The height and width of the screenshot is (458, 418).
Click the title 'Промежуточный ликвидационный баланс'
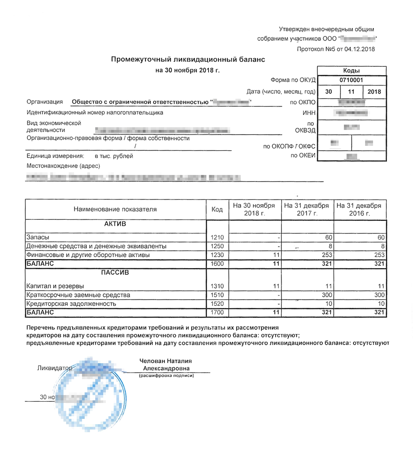pyautogui.click(x=188, y=60)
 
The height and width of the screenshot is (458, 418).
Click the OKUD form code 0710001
pyautogui.click(x=351, y=80)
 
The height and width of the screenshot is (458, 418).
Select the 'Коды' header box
pyautogui.click(x=351, y=71)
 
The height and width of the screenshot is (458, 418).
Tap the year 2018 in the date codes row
pyautogui.click(x=374, y=92)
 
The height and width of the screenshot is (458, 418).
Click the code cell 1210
pyautogui.click(x=217, y=237)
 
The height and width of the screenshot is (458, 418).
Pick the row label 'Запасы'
pyautogui.click(x=38, y=237)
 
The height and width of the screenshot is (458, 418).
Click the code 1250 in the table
pyautogui.click(x=217, y=246)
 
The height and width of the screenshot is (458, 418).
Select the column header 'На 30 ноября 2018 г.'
pyautogui.click(x=254, y=209)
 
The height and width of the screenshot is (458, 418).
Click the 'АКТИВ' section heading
pyautogui.click(x=115, y=224)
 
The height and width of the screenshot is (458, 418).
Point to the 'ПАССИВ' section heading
pyautogui.click(x=115, y=273)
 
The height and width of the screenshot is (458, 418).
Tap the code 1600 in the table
pyautogui.click(x=217, y=264)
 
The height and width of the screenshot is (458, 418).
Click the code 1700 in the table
pyautogui.click(x=217, y=312)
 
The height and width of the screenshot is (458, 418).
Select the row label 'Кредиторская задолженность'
pyautogui.click(x=71, y=304)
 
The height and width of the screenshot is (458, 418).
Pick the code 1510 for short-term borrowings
pyautogui.click(x=217, y=295)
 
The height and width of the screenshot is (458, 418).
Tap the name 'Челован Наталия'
pyautogui.click(x=165, y=361)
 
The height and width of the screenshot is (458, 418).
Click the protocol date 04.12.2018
pyautogui.click(x=359, y=49)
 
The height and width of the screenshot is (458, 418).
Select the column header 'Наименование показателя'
pyautogui.click(x=115, y=209)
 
